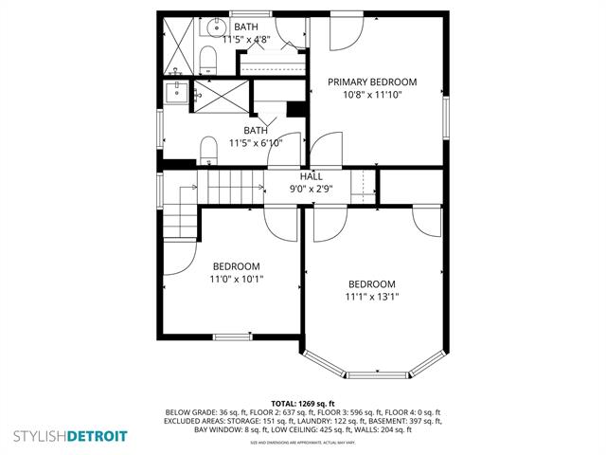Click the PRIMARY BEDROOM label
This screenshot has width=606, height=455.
point(372,82)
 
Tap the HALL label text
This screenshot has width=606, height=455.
point(311,176)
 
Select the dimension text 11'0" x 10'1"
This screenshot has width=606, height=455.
point(236,279)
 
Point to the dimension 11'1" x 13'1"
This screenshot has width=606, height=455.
point(372,297)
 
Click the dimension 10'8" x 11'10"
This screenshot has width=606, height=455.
point(372,95)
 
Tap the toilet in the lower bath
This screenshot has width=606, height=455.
point(208,149)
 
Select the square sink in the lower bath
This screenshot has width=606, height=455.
point(177,91)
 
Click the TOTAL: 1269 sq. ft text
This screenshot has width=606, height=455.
point(303,403)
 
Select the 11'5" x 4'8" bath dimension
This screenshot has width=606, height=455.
point(246,40)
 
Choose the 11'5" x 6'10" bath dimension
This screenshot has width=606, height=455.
point(256,143)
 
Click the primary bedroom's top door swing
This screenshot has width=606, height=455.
point(344,33)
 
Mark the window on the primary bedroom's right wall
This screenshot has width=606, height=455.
point(445,115)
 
